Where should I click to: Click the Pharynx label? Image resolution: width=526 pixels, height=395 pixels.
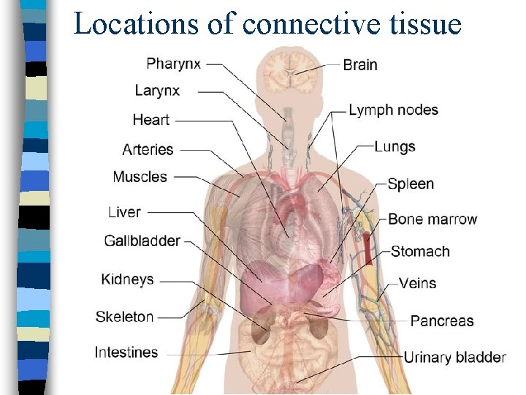click(x=174, y=63)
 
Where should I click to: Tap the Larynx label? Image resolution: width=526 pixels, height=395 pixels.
click(x=157, y=91)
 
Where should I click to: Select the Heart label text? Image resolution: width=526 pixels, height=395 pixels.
click(x=151, y=119)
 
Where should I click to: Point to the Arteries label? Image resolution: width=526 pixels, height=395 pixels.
click(x=148, y=149)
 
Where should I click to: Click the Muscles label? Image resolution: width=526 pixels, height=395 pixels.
click(x=140, y=177)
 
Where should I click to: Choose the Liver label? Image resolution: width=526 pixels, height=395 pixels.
click(x=124, y=212)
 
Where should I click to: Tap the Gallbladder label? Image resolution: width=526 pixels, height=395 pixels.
click(x=142, y=241)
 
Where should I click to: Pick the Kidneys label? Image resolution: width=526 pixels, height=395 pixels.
click(x=128, y=279)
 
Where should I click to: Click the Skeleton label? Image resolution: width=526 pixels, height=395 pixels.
click(x=125, y=317)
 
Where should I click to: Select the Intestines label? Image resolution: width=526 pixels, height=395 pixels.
click(x=126, y=352)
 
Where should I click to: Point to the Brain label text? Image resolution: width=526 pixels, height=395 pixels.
click(x=360, y=64)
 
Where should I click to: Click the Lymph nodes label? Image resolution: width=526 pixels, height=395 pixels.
click(x=393, y=110)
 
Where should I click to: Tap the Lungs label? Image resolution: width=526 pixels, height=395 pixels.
click(x=394, y=146)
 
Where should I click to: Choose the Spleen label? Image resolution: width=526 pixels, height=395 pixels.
click(x=411, y=184)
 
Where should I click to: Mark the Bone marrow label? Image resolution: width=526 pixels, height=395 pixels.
click(x=432, y=219)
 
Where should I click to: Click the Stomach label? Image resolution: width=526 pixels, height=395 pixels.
click(x=420, y=252)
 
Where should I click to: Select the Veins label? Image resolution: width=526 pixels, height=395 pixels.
click(x=418, y=283)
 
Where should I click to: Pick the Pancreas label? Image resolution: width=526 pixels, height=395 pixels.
click(x=442, y=320)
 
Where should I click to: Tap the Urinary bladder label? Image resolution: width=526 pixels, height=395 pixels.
click(x=454, y=357)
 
